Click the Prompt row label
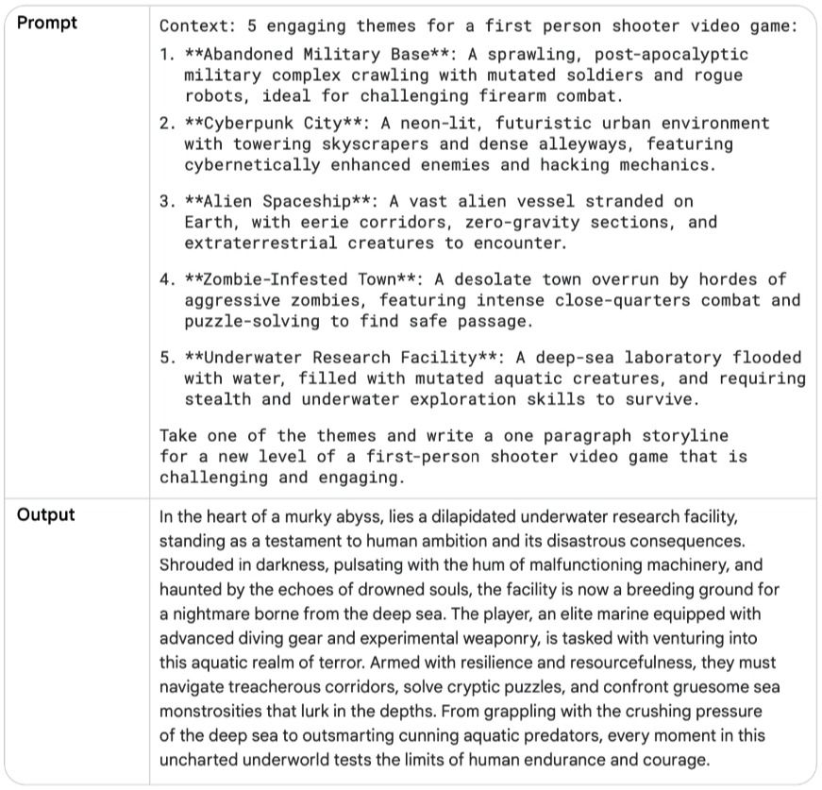(46, 24)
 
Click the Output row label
(45, 515)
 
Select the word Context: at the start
(197, 25)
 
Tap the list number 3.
(166, 201)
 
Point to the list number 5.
(166, 358)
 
